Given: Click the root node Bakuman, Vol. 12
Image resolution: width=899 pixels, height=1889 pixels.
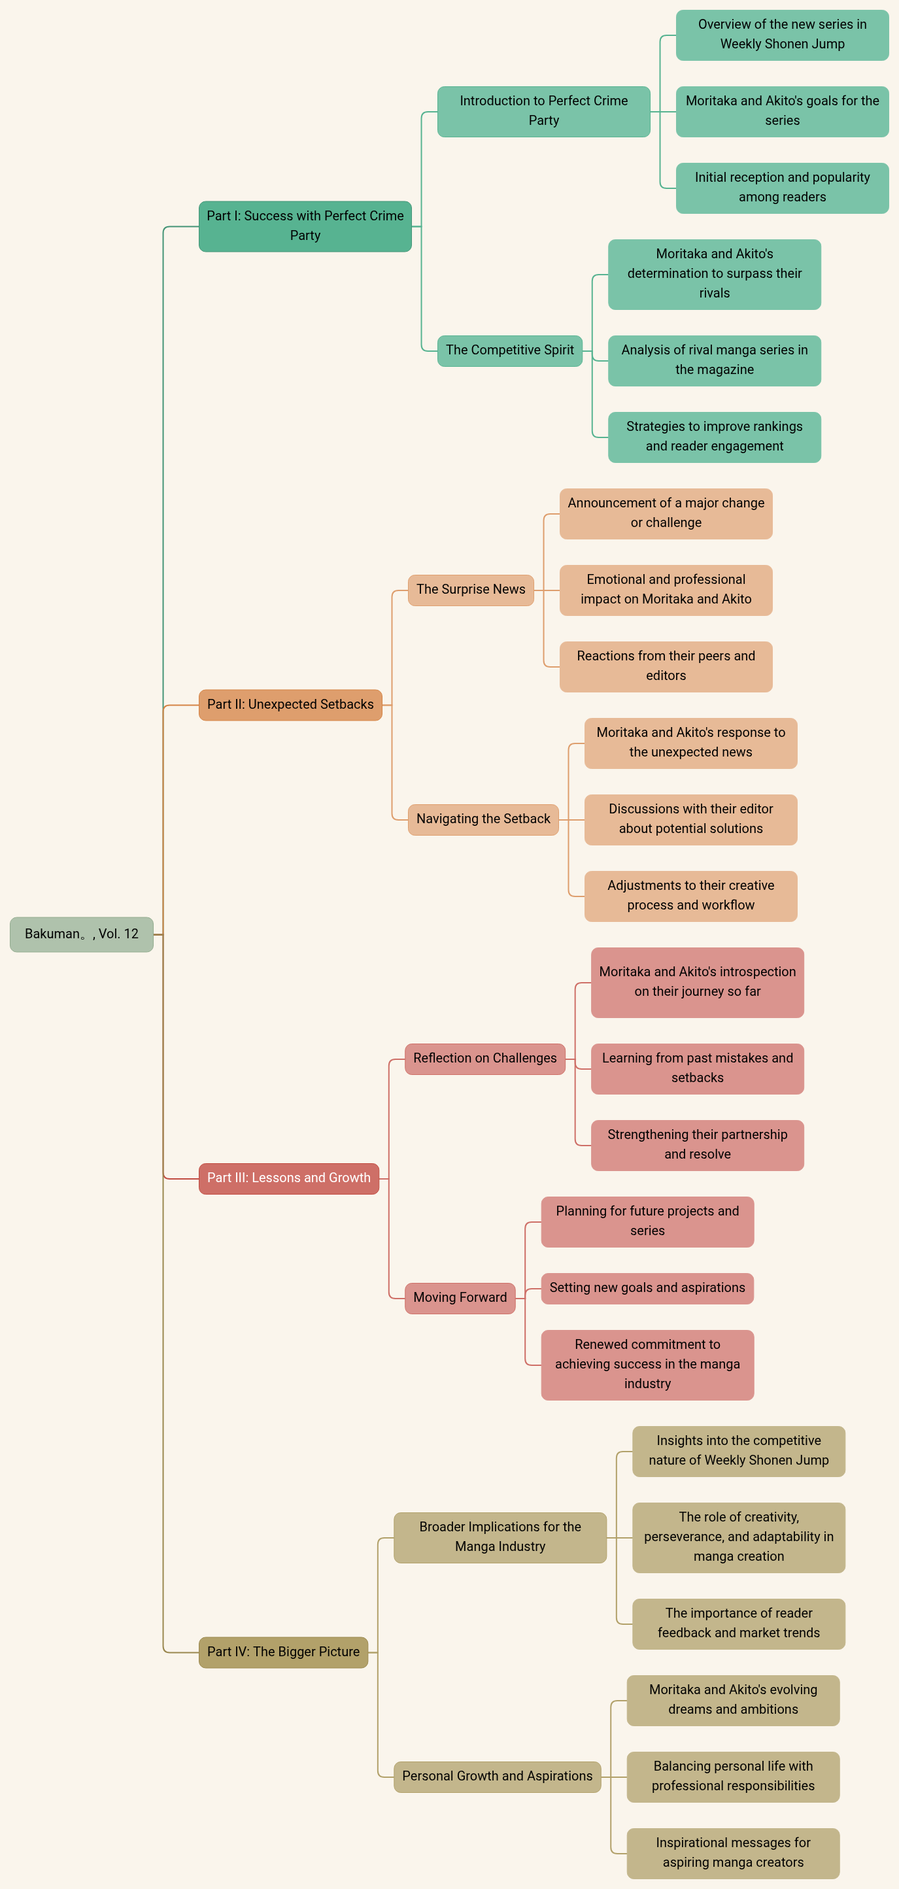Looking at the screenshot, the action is (81, 934).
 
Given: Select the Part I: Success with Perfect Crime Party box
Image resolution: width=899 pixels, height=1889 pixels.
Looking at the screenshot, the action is (305, 226).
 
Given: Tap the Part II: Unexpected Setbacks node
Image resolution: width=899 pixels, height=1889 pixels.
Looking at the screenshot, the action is (290, 705).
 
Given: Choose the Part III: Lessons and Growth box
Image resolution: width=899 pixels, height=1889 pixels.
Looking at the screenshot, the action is (289, 1178).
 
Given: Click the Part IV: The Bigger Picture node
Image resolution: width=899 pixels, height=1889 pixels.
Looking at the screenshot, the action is (283, 1652).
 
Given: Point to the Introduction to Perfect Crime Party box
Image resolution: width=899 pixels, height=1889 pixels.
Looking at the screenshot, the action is (543, 111).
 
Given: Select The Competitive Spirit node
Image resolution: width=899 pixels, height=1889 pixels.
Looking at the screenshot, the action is (509, 350).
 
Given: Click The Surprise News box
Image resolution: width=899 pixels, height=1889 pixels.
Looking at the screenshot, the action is (471, 590).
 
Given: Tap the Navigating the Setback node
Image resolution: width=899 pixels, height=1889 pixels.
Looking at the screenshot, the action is (483, 819).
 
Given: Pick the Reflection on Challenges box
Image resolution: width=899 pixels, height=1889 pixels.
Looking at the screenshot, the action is (484, 1059).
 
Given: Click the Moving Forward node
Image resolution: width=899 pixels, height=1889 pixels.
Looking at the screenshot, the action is (460, 1298).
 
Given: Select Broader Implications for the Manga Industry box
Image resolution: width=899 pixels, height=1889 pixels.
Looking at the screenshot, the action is (500, 1537).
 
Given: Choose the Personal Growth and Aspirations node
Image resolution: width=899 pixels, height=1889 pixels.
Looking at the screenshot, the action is (497, 1777).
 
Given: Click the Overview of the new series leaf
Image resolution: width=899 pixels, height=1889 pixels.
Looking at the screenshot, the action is (783, 35).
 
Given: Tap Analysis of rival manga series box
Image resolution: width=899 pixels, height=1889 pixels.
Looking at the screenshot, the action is (714, 360).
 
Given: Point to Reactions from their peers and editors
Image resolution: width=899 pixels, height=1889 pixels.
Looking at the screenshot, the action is (666, 666).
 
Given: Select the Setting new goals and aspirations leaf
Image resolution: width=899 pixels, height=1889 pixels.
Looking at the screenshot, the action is (647, 1288).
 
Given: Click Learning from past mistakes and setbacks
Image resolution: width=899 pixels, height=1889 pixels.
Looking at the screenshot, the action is (698, 1068).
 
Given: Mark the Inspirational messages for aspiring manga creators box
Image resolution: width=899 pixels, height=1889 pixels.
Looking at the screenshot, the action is (734, 1853).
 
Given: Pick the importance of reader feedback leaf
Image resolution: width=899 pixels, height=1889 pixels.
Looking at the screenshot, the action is (738, 1624).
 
